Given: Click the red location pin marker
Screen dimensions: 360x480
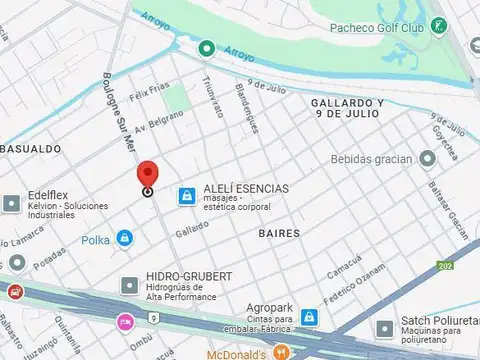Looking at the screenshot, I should click(x=147, y=176).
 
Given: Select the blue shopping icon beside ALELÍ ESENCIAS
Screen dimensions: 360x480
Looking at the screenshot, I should click(x=186, y=196).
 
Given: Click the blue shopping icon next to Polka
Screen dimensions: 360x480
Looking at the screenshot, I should click(x=125, y=238).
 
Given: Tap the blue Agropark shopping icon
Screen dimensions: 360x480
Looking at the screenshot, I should click(x=311, y=317).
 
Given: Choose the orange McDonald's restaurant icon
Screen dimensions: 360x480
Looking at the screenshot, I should click(x=283, y=351).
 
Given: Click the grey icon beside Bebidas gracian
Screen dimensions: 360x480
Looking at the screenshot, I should click(x=427, y=159).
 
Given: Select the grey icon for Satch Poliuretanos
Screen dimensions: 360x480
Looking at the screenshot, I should click(x=384, y=327).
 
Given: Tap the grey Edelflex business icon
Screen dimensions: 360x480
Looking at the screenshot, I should click(x=11, y=203).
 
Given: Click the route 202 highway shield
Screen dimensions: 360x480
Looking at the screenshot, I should click(x=444, y=265).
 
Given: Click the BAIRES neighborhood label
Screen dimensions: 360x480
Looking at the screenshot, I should click(x=278, y=232).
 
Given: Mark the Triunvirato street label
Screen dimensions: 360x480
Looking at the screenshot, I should click(x=212, y=98).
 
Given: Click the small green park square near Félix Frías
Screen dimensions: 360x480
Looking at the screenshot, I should click(x=177, y=97).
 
